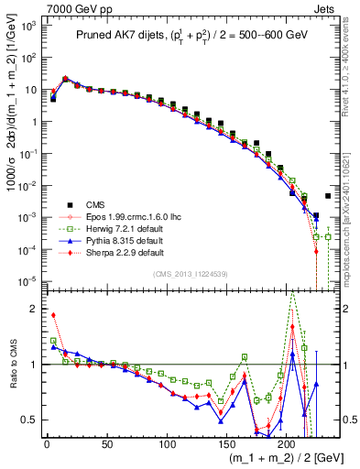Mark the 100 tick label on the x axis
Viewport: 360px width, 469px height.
[x=167, y=444]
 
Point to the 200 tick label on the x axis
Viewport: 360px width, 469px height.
[x=287, y=444]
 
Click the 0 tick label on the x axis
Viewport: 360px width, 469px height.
[x=47, y=444]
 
